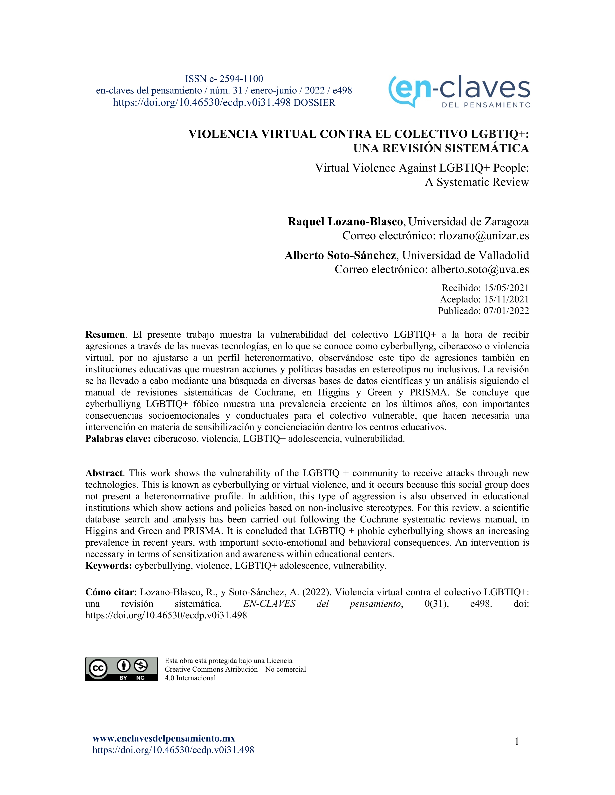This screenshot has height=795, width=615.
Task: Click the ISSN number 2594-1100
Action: pyautogui.click(x=241, y=79)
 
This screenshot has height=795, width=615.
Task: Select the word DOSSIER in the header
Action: pyautogui.click(x=314, y=103)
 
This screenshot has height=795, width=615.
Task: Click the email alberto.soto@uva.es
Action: pyautogui.click(x=480, y=269)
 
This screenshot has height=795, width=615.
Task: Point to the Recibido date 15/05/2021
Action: pyautogui.click(x=506, y=288)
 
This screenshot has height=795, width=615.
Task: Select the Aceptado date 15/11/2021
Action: pyautogui.click(x=506, y=299)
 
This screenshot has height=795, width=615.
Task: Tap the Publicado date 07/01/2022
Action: pyautogui.click(x=506, y=311)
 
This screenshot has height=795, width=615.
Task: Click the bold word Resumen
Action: pyautogui.click(x=105, y=334)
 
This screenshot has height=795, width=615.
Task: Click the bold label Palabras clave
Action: pyautogui.click(x=118, y=439)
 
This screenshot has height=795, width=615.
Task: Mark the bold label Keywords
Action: pyautogui.click(x=109, y=566)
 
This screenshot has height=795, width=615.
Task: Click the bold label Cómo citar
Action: pyautogui.click(x=109, y=592)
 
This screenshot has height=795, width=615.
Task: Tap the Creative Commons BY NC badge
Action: pyautogui.click(x=121, y=669)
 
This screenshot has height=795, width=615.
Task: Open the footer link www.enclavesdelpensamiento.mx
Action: pyautogui.click(x=164, y=739)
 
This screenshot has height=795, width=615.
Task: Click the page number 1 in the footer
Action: pyautogui.click(x=517, y=742)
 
